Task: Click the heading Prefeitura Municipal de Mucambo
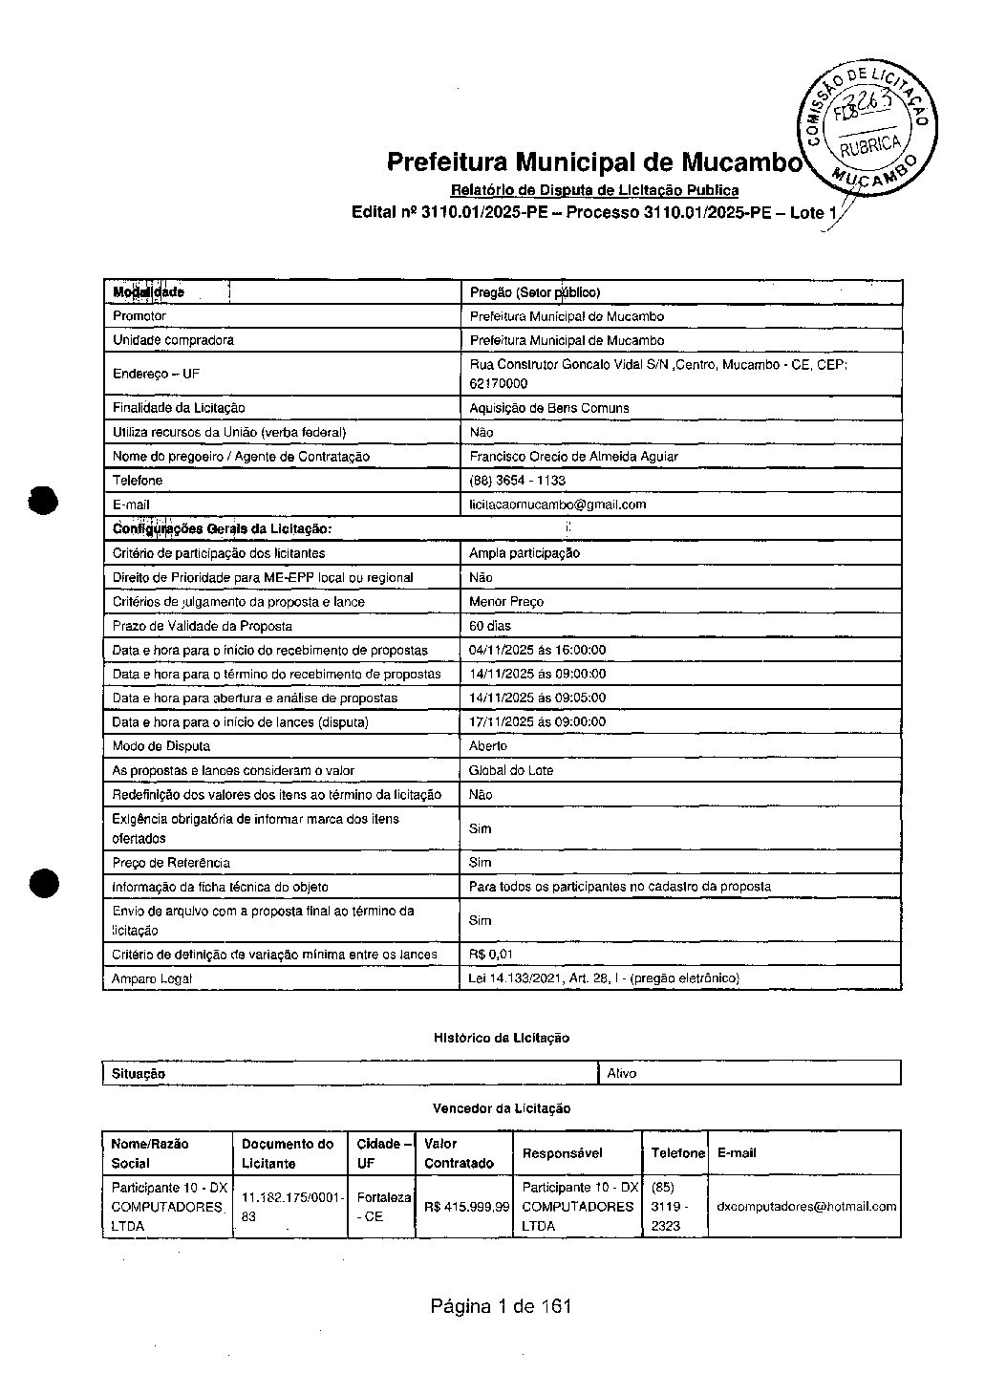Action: (593, 161)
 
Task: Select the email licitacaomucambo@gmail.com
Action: (557, 505)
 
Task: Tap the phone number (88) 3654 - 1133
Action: (517, 481)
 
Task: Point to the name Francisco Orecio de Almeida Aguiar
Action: (573, 457)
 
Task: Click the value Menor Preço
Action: (505, 602)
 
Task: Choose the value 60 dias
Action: (489, 626)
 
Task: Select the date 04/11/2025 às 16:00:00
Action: (537, 650)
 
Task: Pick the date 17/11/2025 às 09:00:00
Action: (537, 722)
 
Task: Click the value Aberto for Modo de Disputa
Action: (488, 746)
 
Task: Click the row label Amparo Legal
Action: (152, 978)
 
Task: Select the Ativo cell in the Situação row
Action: (622, 1073)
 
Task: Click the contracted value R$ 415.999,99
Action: (466, 1207)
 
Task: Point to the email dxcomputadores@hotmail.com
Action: (806, 1207)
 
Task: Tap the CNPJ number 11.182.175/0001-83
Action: (291, 1207)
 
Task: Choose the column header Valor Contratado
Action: (459, 1153)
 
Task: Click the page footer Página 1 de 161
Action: (501, 1306)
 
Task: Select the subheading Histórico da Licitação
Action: (501, 1038)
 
